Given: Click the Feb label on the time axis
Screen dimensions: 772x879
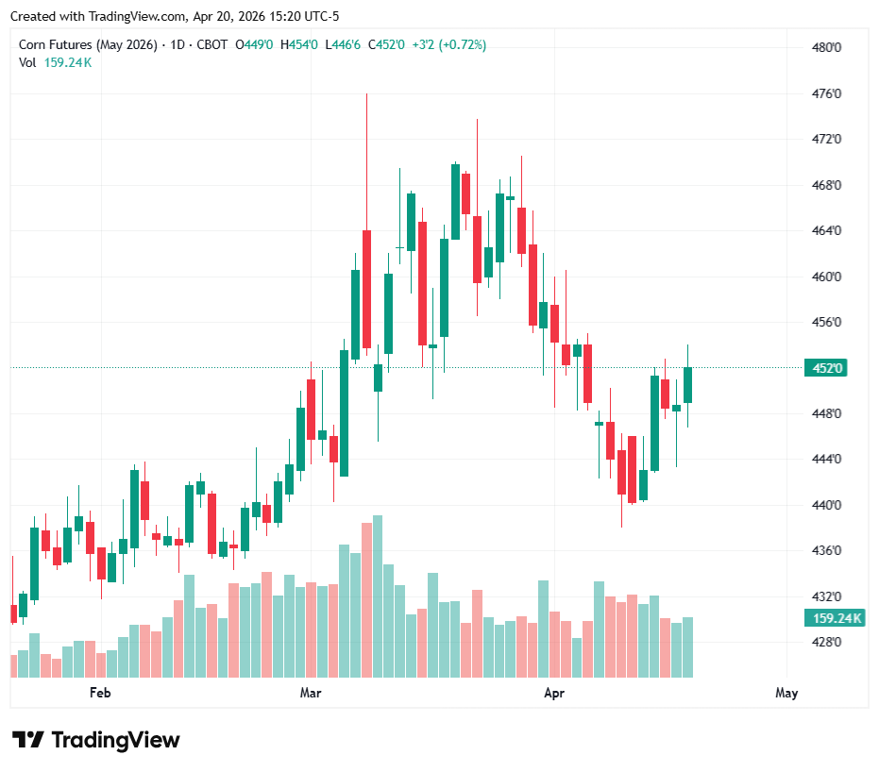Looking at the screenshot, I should [x=100, y=693].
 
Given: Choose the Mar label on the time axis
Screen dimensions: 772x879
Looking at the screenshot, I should [x=311, y=693].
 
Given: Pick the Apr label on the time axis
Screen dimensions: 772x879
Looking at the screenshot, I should [x=554, y=693].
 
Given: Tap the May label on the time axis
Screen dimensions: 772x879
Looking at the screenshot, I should [x=786, y=693].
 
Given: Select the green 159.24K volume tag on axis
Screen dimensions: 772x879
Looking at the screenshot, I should [x=832, y=618].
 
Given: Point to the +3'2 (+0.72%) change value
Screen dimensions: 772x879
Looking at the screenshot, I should [x=449, y=44].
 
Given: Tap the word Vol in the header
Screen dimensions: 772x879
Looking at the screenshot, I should [x=27, y=62].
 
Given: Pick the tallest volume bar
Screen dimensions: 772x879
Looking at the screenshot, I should [x=378, y=596].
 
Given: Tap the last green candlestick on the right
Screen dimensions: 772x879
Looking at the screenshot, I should [x=688, y=384].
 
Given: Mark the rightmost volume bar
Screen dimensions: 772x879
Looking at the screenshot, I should [x=688, y=646].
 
